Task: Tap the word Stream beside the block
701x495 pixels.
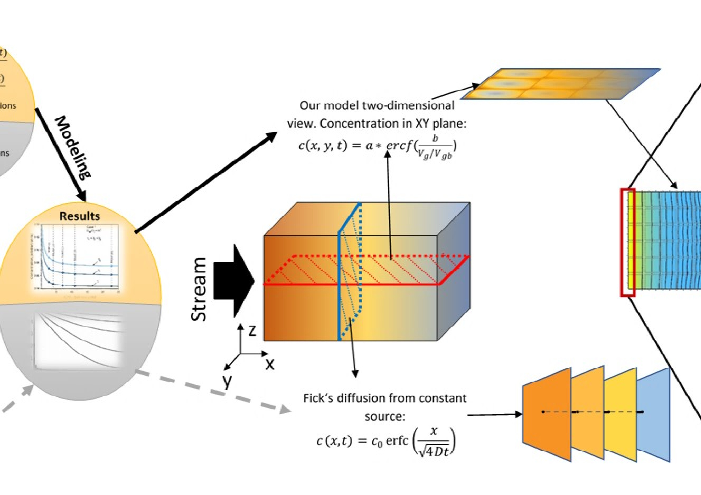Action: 198,289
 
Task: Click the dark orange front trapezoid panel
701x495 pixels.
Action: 547,415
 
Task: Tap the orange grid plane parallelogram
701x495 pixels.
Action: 559,84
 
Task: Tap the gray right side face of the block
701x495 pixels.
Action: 453,271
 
